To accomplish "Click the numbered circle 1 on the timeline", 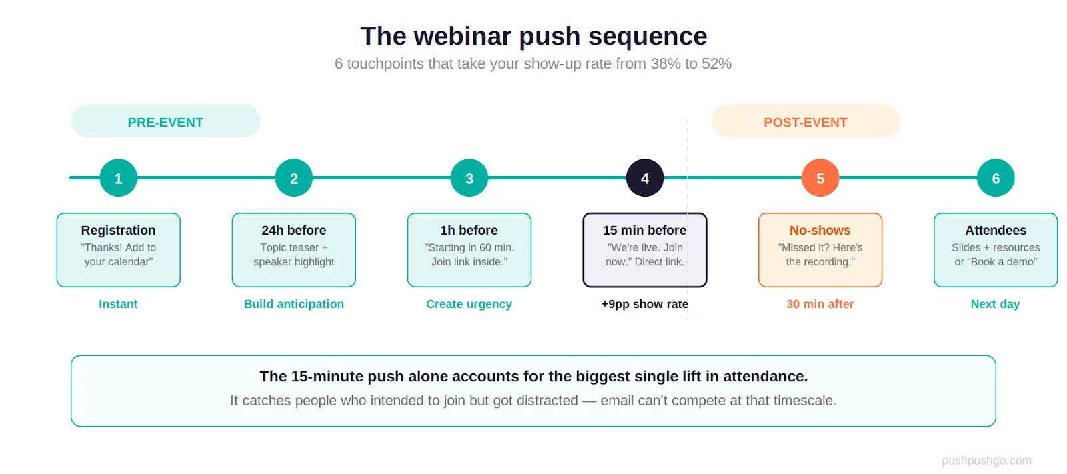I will [x=119, y=178].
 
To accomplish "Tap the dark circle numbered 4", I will [x=645, y=178].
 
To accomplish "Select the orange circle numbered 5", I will [x=820, y=178].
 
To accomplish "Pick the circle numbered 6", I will [x=996, y=178].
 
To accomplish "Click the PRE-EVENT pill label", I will [x=165, y=122].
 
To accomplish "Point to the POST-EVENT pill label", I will [x=806, y=122].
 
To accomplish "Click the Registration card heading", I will [x=119, y=230].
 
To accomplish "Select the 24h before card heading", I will [x=294, y=230].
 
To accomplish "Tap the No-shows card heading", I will [x=820, y=230].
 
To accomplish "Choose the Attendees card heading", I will [x=996, y=230].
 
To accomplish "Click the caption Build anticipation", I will [x=294, y=304].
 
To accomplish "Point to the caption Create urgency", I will [x=469, y=304].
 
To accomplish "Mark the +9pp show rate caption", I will [x=644, y=304].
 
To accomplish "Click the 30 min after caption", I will [x=820, y=304].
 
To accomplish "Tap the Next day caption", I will [x=995, y=304].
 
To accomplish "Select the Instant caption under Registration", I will [x=119, y=304].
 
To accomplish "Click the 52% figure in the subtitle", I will [x=716, y=64].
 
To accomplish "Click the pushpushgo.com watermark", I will [x=986, y=461].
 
